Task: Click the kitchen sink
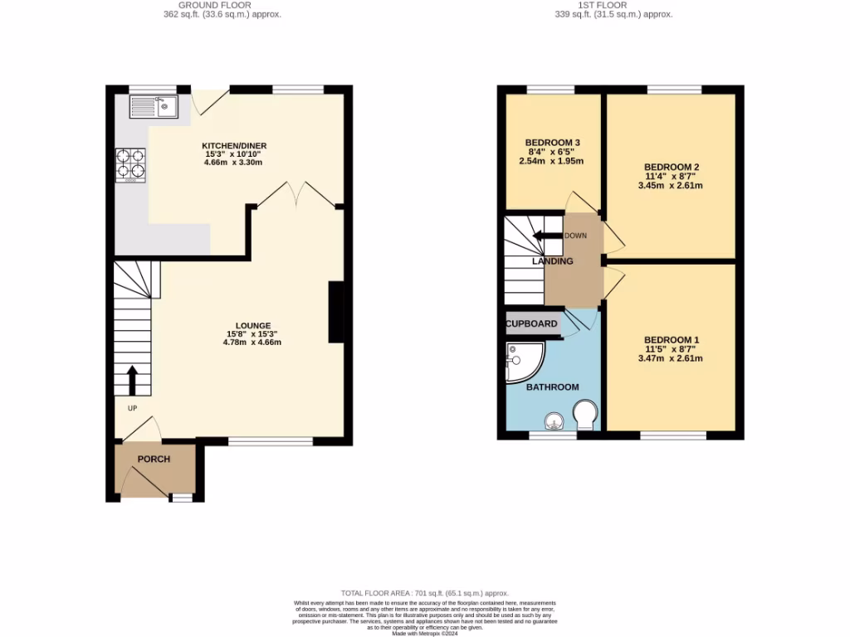154,106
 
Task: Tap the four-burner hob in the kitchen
130,163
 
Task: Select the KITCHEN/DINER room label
235,146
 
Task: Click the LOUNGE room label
253,325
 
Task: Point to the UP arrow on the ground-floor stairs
132,380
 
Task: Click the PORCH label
154,460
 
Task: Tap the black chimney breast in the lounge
338,312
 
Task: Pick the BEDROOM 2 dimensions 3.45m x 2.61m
670,186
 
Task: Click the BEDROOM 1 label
671,340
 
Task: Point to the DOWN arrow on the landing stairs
548,236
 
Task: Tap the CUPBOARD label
532,323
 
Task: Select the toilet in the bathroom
586,413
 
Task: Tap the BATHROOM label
552,387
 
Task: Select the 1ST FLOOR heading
613,6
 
